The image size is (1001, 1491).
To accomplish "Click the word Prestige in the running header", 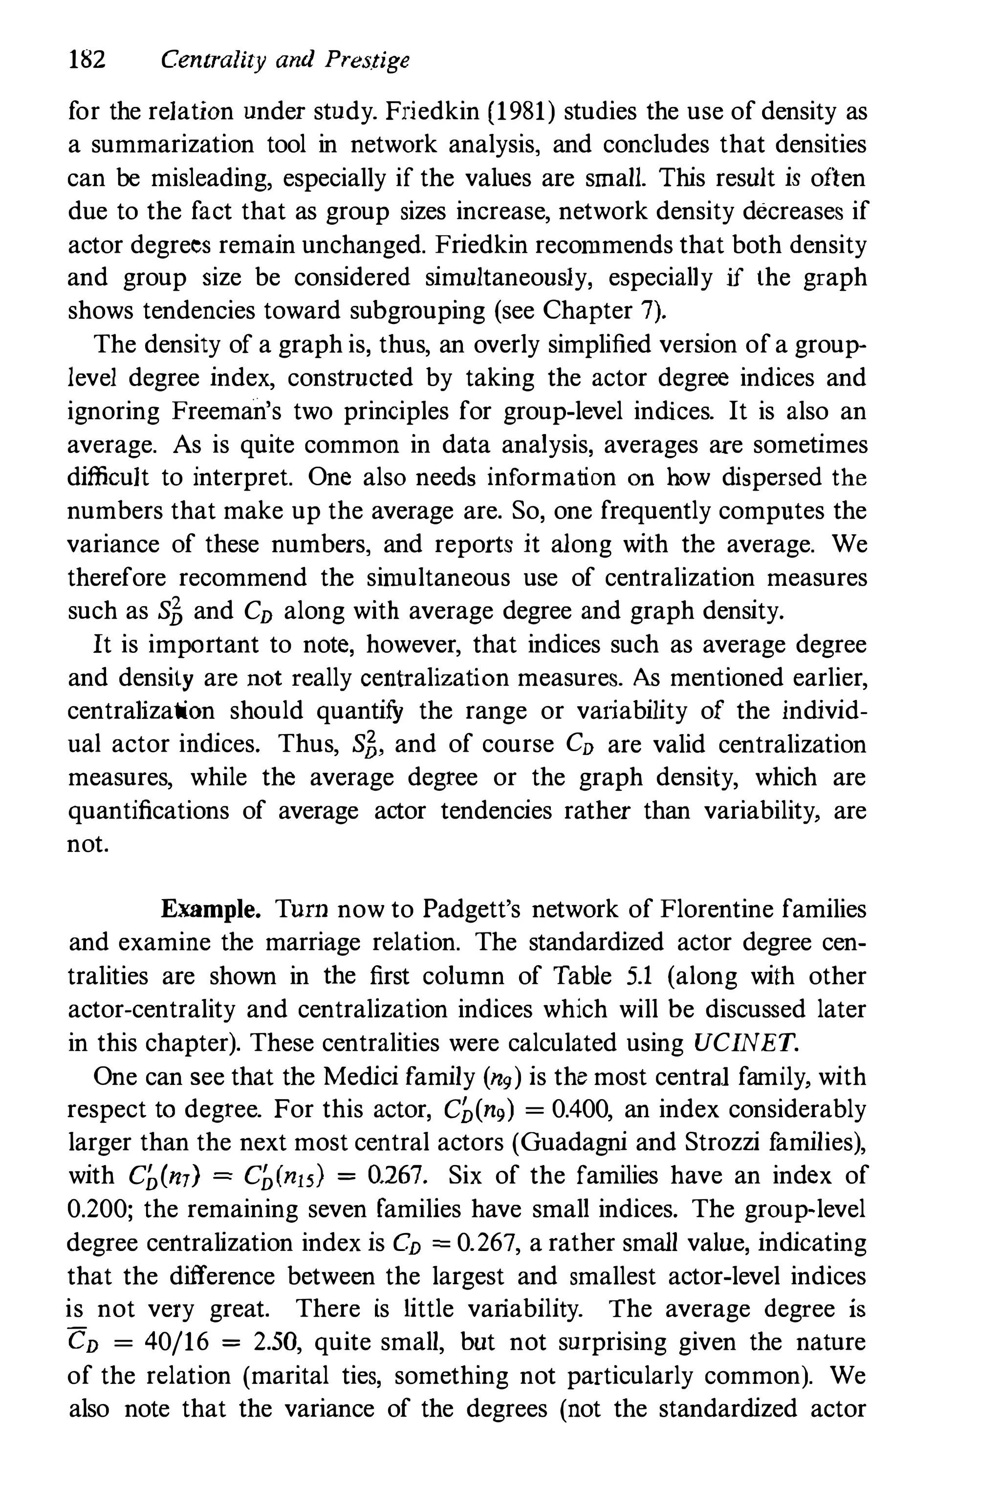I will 366,62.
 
